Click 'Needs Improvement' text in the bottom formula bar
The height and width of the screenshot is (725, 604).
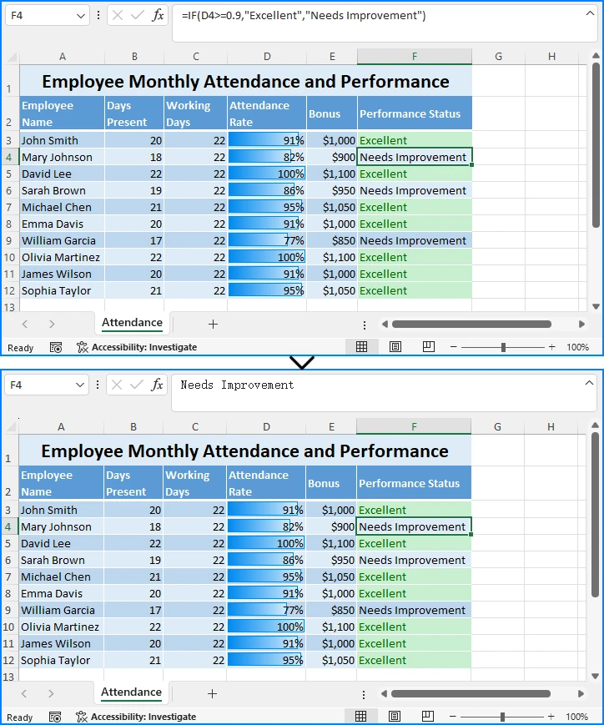(238, 385)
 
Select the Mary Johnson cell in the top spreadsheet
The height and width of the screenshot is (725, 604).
(58, 157)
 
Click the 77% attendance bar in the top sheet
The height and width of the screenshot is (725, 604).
(267, 240)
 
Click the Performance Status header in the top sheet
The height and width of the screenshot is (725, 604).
(410, 113)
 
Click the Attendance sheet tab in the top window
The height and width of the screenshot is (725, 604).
(132, 323)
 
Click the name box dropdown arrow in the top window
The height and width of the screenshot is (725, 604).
(81, 16)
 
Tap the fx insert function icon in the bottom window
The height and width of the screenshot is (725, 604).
(158, 385)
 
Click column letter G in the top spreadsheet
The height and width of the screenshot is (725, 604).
(498, 57)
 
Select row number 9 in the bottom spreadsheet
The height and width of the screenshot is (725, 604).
(8, 610)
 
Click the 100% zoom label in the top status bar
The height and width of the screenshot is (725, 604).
(577, 347)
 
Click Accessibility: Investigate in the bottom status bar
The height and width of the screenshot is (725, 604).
(143, 717)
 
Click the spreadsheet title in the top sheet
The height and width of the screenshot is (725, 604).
(245, 82)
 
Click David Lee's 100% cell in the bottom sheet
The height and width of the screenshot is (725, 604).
(267, 543)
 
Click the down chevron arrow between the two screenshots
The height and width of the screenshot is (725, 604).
(302, 362)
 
